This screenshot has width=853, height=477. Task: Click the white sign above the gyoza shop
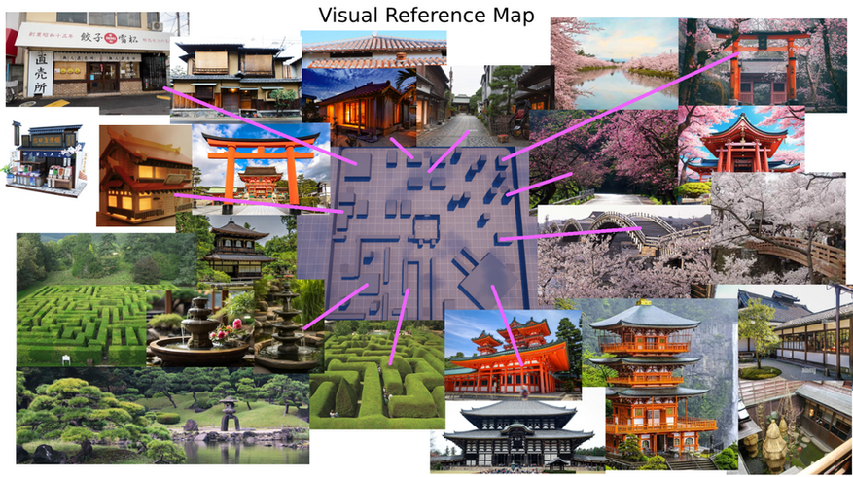(x=91, y=36)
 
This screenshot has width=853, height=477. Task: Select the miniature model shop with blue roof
(x=43, y=155)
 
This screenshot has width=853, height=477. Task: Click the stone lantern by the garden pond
(x=230, y=414)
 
